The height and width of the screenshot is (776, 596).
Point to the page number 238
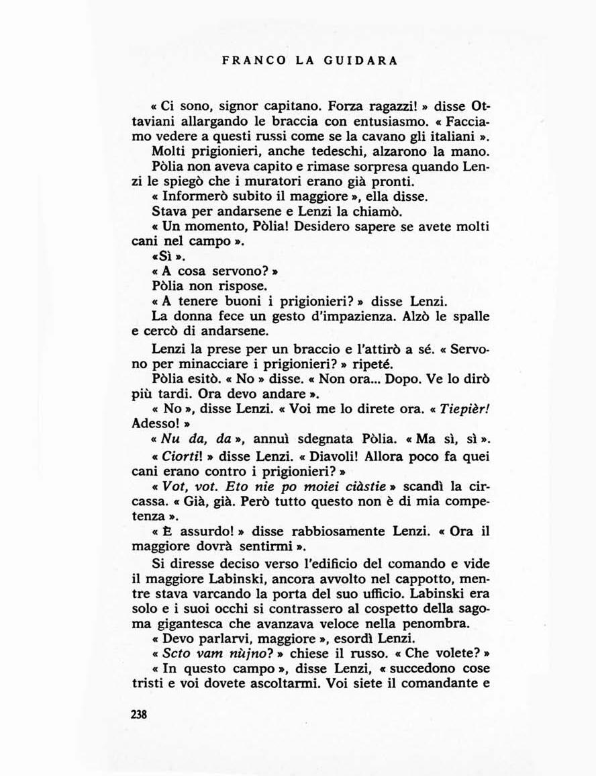[x=139, y=714]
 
